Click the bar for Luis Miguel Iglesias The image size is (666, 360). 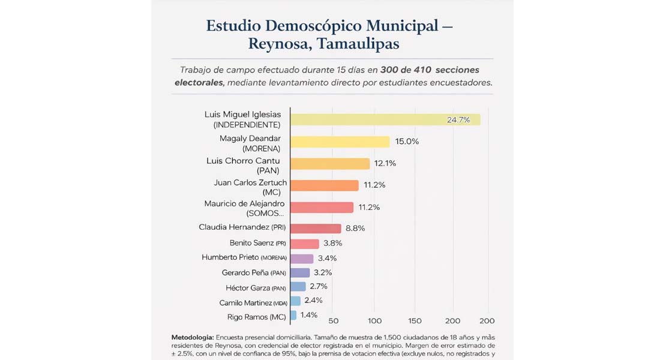click(x=385, y=119)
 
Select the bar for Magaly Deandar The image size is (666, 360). click(x=340, y=142)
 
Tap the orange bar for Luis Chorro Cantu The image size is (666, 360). click(x=330, y=164)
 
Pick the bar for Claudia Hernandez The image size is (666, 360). click(x=316, y=229)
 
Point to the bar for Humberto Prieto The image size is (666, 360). click(x=302, y=259)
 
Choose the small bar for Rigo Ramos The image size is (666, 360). click(x=293, y=315)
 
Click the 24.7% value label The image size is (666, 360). click(x=458, y=120)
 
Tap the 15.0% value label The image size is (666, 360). click(x=407, y=142)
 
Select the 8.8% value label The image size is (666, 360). click(x=355, y=229)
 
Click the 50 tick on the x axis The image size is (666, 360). click(x=334, y=321)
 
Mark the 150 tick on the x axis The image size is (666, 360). click(x=415, y=321)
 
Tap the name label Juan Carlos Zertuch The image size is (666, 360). click(x=250, y=182)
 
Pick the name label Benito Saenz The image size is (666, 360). click(x=251, y=243)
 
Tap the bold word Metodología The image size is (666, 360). click(x=192, y=337)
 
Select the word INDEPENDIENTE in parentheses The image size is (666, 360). click(x=247, y=125)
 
